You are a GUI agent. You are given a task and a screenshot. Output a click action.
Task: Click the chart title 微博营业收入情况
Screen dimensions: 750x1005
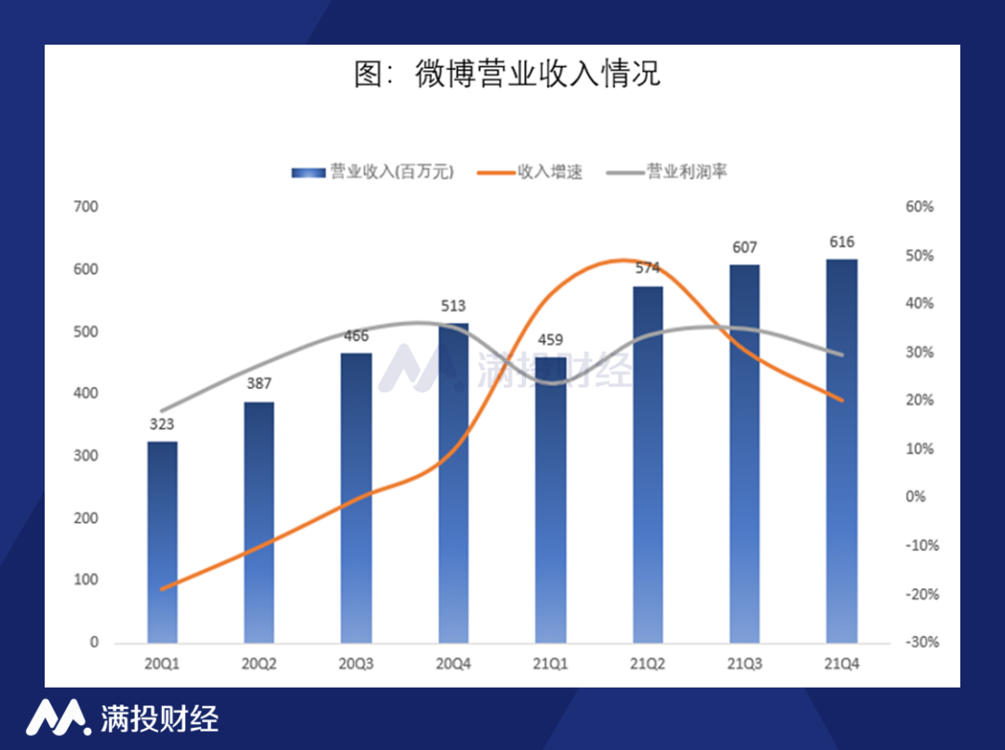[x=507, y=74]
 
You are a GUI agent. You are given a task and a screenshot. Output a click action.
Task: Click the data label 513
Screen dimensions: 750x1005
[x=453, y=305]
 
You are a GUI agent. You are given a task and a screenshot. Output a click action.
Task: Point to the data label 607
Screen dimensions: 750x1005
[x=744, y=247]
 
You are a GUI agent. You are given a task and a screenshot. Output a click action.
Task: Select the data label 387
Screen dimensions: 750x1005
[x=259, y=383]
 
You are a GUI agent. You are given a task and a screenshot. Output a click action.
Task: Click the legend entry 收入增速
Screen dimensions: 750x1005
[x=550, y=172]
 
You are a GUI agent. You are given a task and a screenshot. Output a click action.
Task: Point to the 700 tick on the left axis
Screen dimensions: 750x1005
[x=86, y=207]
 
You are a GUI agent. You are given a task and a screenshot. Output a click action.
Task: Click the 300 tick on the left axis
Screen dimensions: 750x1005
[x=86, y=456]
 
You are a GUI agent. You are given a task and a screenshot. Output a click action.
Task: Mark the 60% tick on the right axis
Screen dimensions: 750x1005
[x=919, y=207]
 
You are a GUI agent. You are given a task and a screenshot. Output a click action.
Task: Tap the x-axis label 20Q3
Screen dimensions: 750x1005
[x=356, y=663]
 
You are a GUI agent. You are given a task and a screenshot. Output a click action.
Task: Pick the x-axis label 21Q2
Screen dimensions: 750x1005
[x=648, y=663]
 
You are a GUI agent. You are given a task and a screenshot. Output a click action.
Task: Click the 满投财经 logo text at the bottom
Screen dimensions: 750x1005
[x=158, y=718]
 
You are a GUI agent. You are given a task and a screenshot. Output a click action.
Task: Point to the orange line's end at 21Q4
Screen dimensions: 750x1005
[x=841, y=400]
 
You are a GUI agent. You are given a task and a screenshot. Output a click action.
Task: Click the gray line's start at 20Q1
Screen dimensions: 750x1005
[x=162, y=410]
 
